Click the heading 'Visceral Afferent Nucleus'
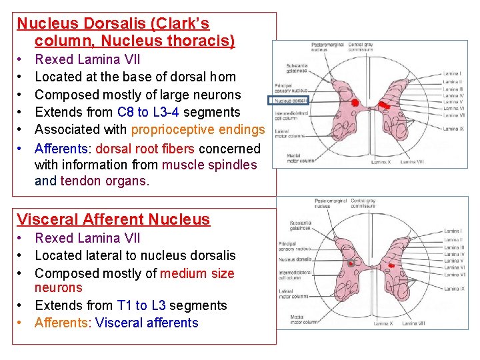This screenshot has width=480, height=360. click(x=113, y=219)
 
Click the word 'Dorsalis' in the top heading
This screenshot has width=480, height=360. click(x=111, y=24)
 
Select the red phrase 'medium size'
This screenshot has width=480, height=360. click(x=197, y=273)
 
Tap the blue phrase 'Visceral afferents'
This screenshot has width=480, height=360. click(x=147, y=323)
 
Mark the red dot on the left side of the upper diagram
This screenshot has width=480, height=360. click(x=355, y=103)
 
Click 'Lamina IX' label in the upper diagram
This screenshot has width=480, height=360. click(x=453, y=129)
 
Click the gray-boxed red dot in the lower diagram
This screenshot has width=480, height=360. click(x=351, y=263)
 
